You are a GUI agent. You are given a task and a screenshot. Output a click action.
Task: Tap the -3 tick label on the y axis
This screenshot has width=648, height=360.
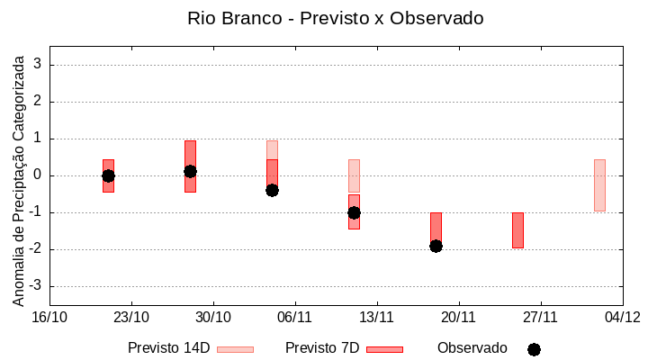36,286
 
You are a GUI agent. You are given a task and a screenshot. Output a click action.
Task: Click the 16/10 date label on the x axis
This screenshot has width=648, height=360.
49,317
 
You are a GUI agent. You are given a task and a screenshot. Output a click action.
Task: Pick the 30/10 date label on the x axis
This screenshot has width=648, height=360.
213,317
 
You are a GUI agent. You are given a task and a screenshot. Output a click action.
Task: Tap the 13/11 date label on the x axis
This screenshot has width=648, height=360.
377,317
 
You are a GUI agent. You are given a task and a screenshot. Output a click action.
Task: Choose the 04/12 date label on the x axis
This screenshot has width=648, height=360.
622,317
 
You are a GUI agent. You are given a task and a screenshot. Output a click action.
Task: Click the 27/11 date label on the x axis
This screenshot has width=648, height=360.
540,317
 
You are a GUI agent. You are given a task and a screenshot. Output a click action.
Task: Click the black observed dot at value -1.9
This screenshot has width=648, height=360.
436,246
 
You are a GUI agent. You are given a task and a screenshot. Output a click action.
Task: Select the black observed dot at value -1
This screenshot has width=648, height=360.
354,212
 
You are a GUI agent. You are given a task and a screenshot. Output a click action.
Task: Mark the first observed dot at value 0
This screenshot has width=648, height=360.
108,175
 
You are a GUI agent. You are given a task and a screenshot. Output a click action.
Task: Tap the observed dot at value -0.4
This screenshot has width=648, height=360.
272,190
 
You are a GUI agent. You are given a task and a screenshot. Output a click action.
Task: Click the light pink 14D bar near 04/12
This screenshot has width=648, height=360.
599,185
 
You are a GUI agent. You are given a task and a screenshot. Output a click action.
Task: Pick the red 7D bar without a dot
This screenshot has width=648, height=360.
517,230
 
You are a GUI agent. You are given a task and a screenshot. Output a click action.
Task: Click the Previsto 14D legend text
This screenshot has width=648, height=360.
168,348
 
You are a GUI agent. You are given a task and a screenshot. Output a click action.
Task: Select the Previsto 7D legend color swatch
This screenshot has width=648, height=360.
384,349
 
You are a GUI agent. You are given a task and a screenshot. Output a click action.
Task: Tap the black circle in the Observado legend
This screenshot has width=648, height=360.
534,349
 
